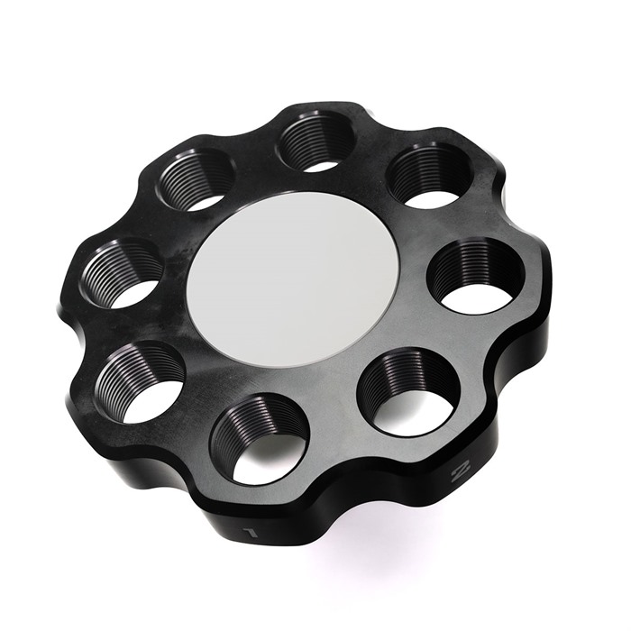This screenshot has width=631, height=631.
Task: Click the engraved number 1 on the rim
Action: click(x=251, y=534)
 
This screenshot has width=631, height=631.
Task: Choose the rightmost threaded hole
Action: click(x=475, y=276)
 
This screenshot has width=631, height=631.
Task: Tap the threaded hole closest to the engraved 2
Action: click(x=409, y=392)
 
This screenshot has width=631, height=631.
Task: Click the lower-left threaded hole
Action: click(x=140, y=381)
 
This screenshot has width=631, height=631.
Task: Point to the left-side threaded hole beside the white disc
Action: click(x=122, y=274)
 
